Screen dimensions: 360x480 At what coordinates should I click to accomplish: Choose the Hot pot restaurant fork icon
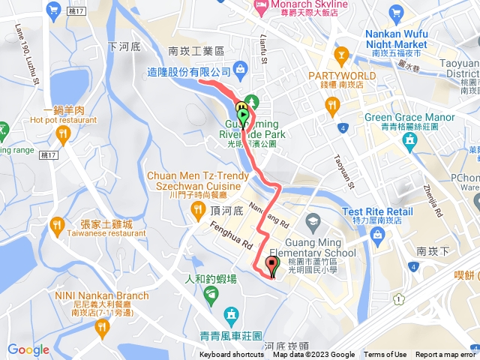click(x=62, y=134)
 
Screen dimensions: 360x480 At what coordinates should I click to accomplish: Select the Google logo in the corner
click(x=28, y=349)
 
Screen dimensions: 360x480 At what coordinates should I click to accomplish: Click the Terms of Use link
click(x=385, y=355)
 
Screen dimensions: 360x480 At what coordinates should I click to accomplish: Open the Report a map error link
click(x=447, y=355)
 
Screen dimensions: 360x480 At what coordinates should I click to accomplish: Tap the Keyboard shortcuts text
click(x=231, y=355)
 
